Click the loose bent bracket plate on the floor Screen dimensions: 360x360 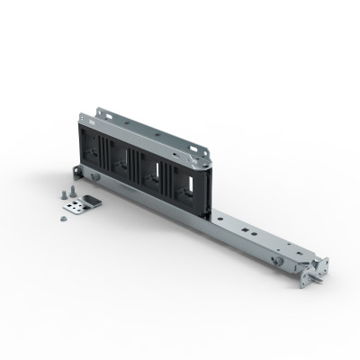click(x=87, y=204)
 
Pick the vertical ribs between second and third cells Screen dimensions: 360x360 click(x=136, y=165)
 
